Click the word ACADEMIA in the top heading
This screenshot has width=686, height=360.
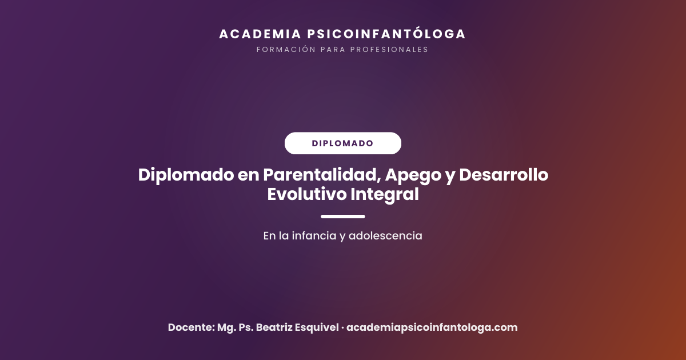tap(260, 34)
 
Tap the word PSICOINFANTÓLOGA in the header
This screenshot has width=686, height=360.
tap(386, 33)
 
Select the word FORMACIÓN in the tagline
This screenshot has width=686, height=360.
tap(286, 49)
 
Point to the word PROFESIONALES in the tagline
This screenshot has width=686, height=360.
tap(389, 50)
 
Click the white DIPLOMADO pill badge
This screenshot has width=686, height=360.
tap(342, 143)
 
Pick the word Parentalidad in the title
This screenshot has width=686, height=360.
tap(322, 175)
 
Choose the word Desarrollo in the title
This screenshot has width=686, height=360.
tap(504, 175)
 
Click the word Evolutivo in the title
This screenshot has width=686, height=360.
tap(307, 194)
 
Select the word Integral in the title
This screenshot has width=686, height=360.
tap(385, 195)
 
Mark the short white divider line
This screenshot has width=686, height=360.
tap(342, 217)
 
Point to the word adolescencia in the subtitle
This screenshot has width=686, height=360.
tap(385, 235)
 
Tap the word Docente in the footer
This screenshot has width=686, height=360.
tap(192, 327)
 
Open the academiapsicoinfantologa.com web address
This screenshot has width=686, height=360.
tap(432, 327)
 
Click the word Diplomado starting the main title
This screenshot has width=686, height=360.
tap(186, 175)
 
